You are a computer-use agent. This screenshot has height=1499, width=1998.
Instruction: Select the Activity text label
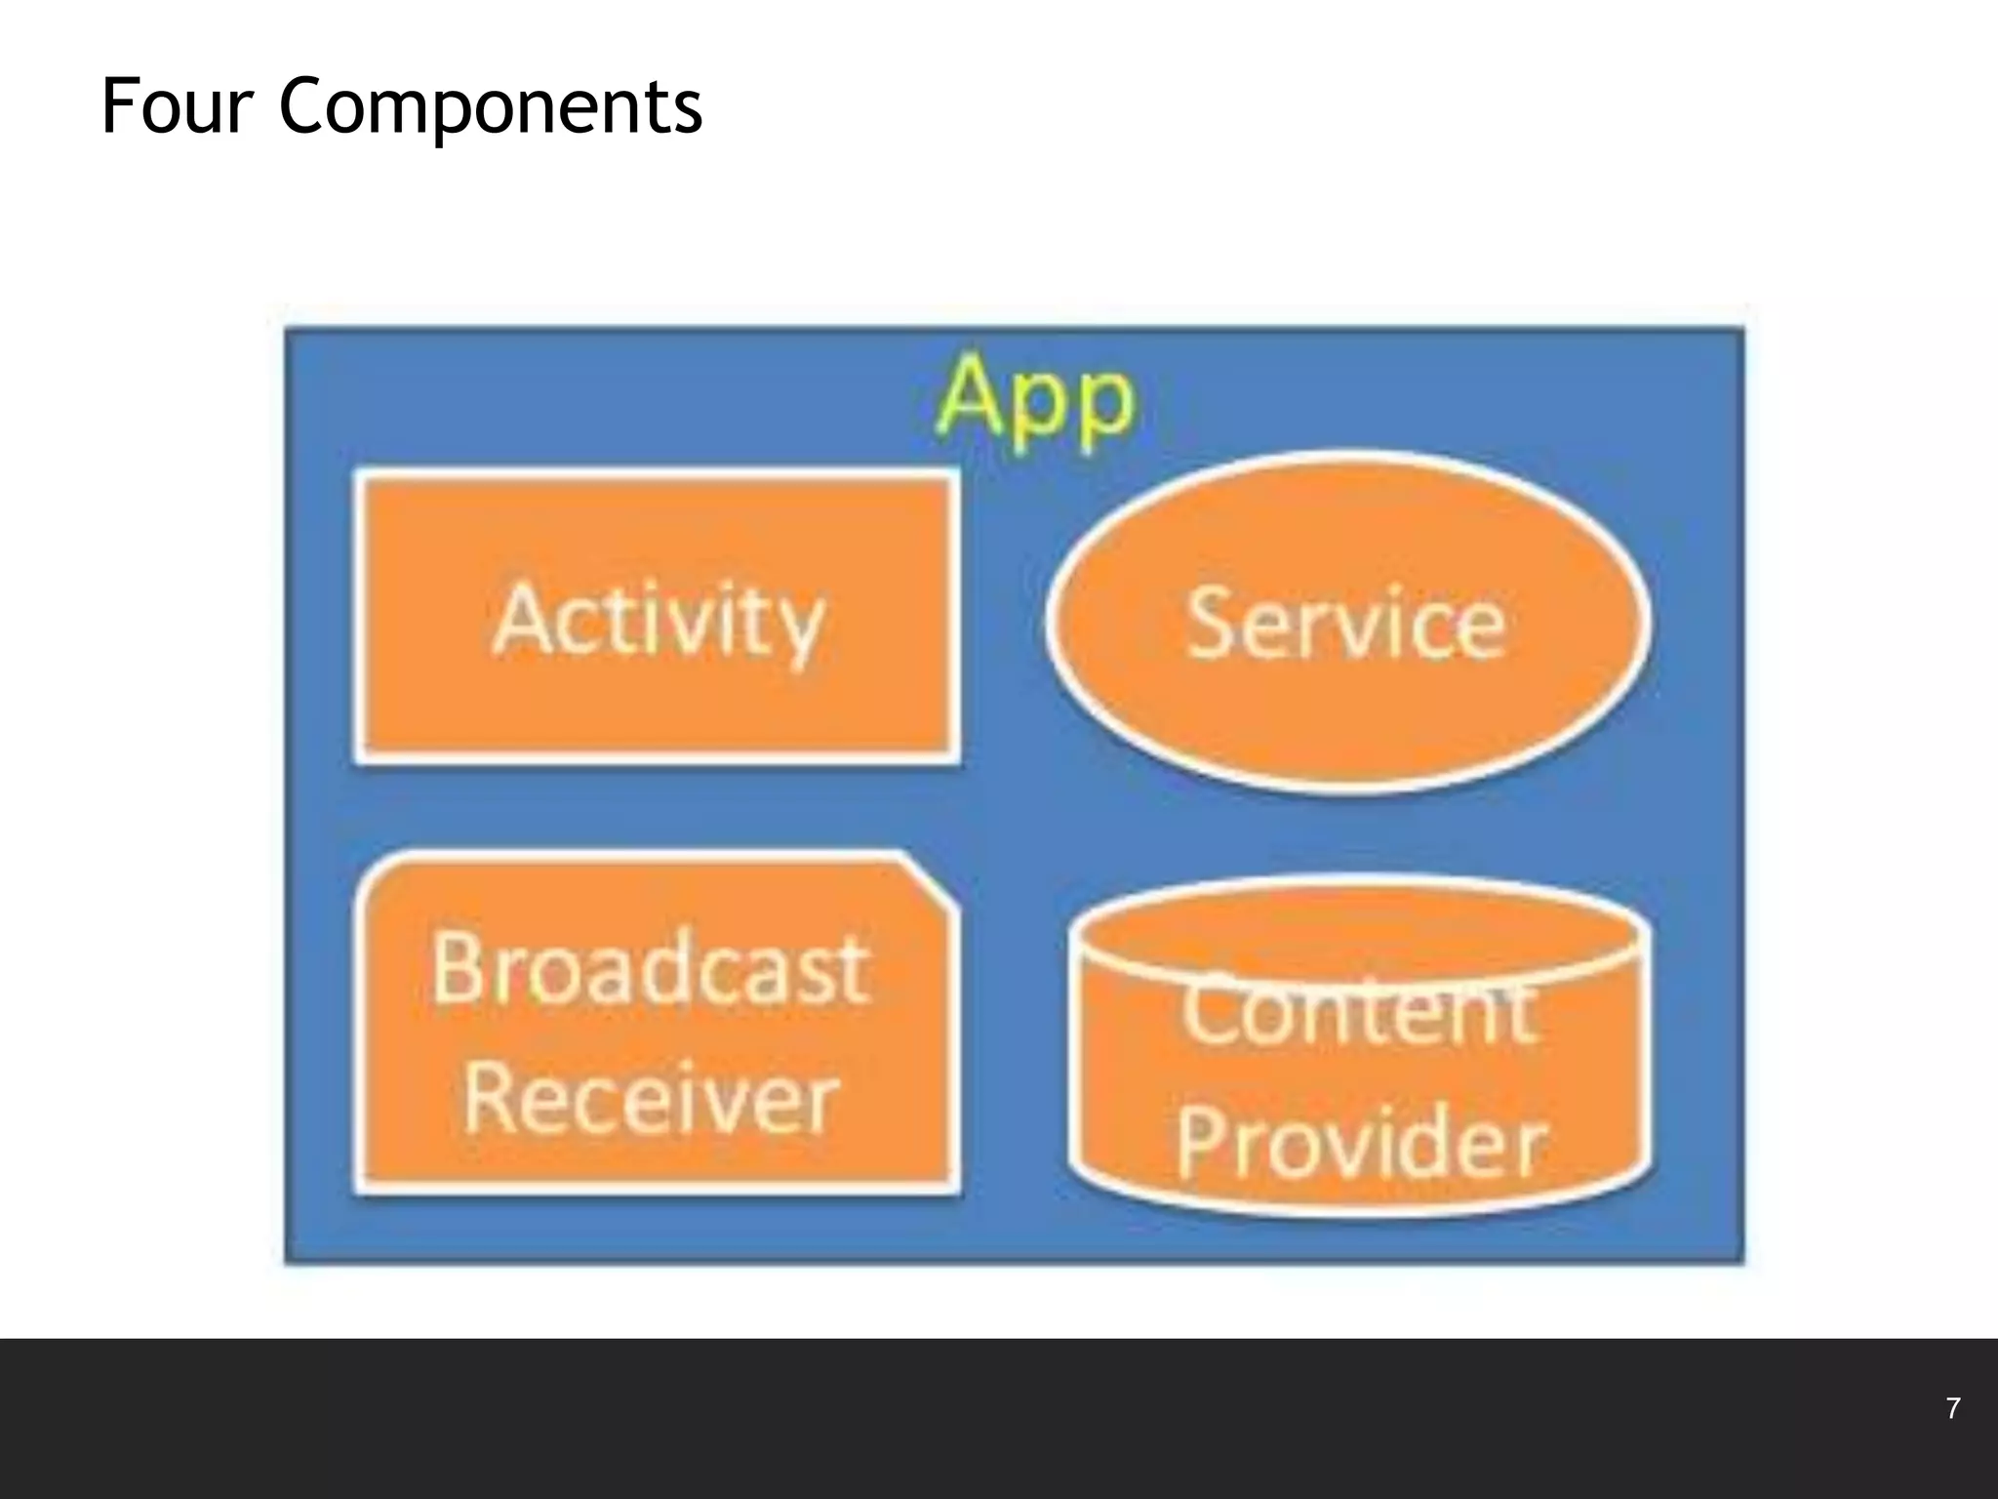coord(659,620)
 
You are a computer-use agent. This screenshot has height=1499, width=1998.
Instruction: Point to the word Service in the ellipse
coord(1346,623)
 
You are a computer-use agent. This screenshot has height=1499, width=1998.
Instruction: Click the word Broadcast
coord(650,969)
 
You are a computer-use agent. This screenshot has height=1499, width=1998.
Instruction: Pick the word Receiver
coord(651,1099)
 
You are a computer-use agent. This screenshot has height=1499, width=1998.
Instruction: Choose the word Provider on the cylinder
coord(1360,1142)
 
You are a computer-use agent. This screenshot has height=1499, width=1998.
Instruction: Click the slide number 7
coord(1953,1408)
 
